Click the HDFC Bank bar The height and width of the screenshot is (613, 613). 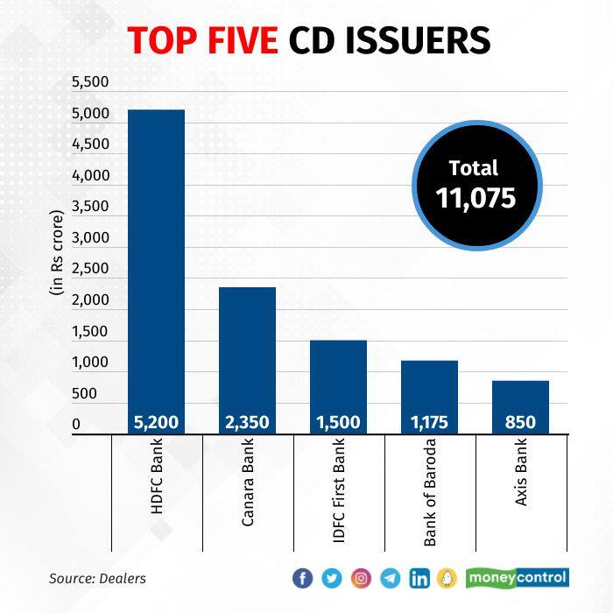tap(156, 263)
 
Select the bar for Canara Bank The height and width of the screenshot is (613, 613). tap(247, 350)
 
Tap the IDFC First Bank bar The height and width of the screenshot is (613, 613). tap(338, 377)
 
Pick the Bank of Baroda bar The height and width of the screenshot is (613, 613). tap(429, 385)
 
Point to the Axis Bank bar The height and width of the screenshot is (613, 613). tap(520, 398)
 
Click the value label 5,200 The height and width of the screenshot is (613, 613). tap(156, 423)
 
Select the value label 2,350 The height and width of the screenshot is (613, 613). tap(247, 423)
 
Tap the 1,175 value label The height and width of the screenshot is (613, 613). tap(429, 423)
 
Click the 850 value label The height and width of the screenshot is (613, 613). tap(520, 423)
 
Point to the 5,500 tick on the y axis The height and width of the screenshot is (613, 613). tap(90, 83)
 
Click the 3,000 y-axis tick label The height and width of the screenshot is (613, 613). tap(90, 238)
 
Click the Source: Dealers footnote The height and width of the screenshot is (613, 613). tap(97, 578)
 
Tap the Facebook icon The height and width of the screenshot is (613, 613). tap(302, 578)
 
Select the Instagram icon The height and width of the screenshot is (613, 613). tap(361, 578)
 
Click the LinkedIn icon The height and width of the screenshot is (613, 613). tap(419, 578)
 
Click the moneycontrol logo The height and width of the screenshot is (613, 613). tap(518, 578)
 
